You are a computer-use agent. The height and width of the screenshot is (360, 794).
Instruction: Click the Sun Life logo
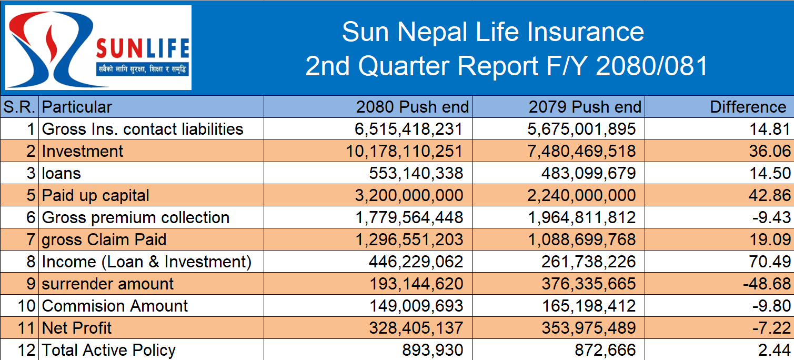point(98,47)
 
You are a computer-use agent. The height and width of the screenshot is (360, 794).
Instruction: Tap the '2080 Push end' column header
point(412,107)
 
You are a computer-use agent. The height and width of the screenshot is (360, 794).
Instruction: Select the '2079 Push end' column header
point(585,107)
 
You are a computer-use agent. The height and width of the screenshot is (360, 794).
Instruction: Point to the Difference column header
point(748,107)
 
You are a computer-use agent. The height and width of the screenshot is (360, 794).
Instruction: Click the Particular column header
point(77,107)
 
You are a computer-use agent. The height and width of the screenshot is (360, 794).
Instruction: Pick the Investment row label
point(83,152)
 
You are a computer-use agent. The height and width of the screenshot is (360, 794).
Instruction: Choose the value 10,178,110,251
point(405,152)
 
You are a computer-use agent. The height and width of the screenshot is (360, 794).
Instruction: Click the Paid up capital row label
point(96,196)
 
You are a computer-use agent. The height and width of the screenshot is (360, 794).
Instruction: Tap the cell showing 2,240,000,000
point(581,196)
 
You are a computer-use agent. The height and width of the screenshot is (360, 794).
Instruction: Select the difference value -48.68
point(767,284)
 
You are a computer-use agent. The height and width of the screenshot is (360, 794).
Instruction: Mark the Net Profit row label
point(77,328)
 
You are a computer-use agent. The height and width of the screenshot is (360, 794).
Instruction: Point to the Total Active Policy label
point(109,351)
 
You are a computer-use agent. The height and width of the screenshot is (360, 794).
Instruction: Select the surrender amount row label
point(108,284)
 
